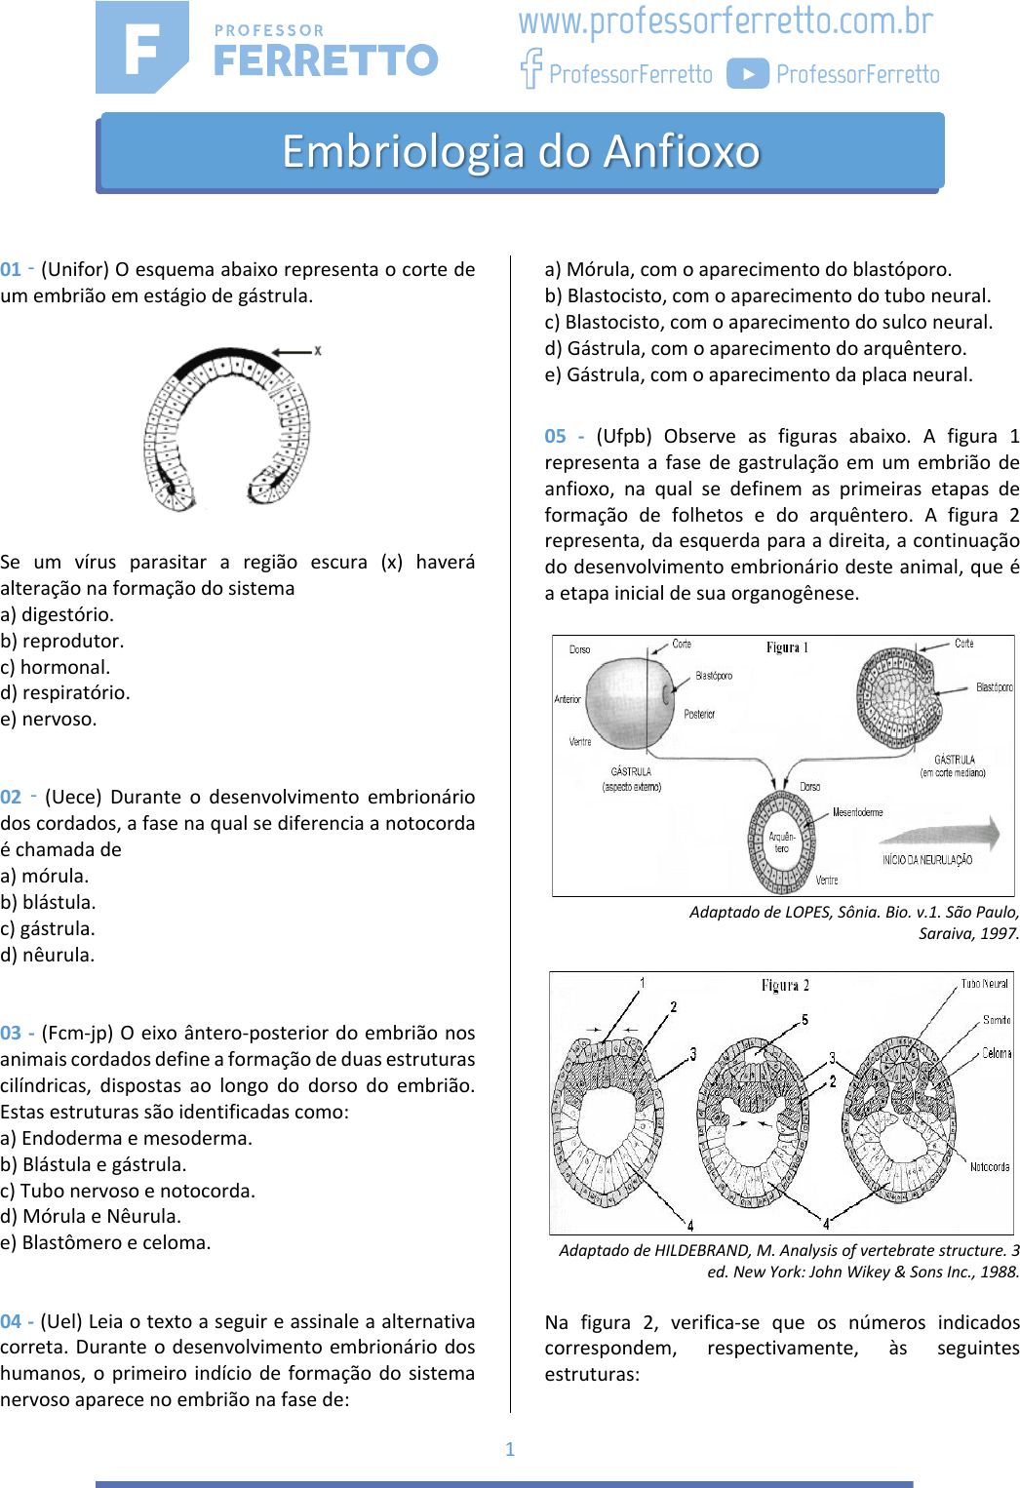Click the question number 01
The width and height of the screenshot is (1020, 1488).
point(11,270)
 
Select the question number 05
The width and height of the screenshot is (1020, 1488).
point(555,437)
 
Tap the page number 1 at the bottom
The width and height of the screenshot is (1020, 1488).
point(510,1449)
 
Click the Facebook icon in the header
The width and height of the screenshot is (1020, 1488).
point(530,68)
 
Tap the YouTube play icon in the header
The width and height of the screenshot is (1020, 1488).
point(748,74)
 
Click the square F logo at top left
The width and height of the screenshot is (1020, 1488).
point(142,48)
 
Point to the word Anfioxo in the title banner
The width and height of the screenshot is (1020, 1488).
point(682,152)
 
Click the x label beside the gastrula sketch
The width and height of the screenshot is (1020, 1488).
point(317,350)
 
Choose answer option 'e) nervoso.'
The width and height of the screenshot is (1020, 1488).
point(49,720)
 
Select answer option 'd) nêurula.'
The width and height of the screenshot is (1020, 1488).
point(48,956)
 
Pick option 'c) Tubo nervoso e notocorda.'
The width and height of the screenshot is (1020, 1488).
point(128,1191)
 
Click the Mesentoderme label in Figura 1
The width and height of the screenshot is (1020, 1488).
point(857,812)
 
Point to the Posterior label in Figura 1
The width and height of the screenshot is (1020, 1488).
point(699,715)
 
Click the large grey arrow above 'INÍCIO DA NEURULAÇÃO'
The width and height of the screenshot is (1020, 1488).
point(941,834)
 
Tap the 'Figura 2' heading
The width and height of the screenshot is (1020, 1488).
point(785,986)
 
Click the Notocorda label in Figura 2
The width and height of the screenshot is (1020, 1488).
point(990,1167)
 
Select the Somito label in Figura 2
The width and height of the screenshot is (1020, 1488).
point(997,1020)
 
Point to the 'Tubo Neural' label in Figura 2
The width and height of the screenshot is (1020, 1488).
point(984,984)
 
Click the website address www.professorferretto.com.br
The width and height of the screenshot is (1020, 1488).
point(726,21)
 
